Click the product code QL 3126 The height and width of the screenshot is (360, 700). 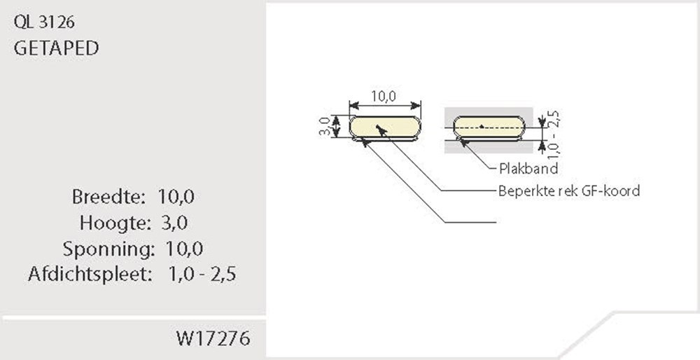click(x=44, y=22)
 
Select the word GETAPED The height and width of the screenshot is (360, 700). click(x=55, y=48)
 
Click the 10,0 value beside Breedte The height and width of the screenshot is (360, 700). click(x=176, y=197)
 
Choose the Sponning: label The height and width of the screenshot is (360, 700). click(x=108, y=249)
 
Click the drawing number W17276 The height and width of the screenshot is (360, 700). click(x=213, y=339)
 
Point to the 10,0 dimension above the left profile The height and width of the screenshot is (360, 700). click(x=384, y=97)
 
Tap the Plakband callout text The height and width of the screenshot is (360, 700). click(x=528, y=169)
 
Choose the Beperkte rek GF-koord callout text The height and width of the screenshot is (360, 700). click(x=568, y=191)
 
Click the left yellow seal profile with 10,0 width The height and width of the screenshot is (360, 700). click(x=385, y=127)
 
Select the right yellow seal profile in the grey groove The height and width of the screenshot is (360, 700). click(x=489, y=127)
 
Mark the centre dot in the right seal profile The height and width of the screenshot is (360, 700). click(x=482, y=127)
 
